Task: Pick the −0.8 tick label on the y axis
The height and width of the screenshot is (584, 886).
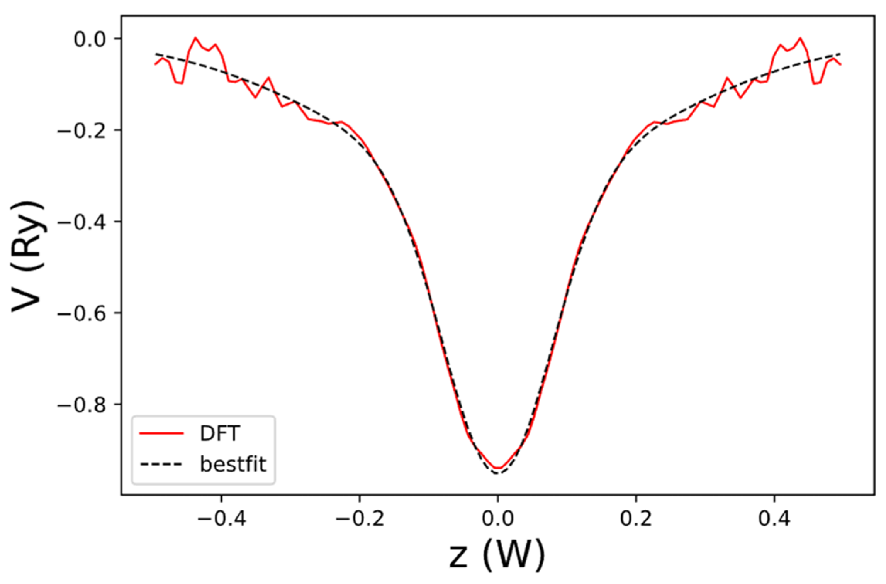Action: pyautogui.click(x=81, y=406)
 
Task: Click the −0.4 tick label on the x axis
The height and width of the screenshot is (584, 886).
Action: pyautogui.click(x=221, y=518)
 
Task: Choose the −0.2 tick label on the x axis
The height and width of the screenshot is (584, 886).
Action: pyautogui.click(x=360, y=518)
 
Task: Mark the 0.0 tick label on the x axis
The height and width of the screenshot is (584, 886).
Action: pyautogui.click(x=498, y=518)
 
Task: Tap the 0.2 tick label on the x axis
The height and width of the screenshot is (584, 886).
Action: pyautogui.click(x=636, y=518)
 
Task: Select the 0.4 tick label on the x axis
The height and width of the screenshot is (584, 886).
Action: pyautogui.click(x=774, y=518)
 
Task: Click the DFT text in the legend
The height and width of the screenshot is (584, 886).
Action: pyautogui.click(x=220, y=433)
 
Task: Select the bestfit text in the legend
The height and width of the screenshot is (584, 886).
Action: pyautogui.click(x=233, y=464)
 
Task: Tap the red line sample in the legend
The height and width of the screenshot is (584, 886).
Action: pyautogui.click(x=161, y=433)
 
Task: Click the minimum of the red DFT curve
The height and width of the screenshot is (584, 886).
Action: pyautogui.click(x=498, y=469)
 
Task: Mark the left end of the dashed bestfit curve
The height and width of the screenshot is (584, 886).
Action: pyautogui.click(x=156, y=54)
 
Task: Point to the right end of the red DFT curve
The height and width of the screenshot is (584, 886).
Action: pyautogui.click(x=840, y=64)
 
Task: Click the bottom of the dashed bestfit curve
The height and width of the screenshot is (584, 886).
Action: pyautogui.click(x=498, y=474)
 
